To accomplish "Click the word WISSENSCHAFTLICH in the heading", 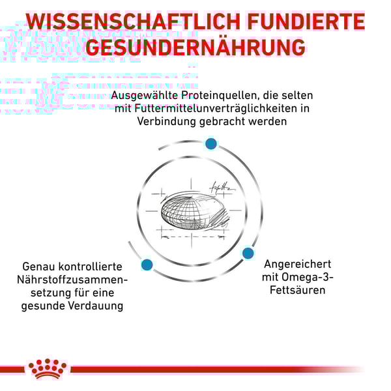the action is [x=134, y=22].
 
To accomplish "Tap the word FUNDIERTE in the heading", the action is [x=306, y=22].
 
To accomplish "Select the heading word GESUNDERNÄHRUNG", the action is [x=195, y=47].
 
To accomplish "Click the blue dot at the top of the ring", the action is [x=211, y=143].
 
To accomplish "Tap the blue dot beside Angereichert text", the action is [x=248, y=253].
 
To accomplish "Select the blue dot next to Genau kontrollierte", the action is [x=147, y=265].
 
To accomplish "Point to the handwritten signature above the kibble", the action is [x=222, y=187].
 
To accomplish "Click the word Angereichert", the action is [x=298, y=264].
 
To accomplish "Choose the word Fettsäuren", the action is [x=298, y=290].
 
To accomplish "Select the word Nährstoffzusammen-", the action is [x=72, y=280].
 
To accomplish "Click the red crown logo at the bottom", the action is [x=48, y=369].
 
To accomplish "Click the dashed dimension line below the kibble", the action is [x=192, y=237].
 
